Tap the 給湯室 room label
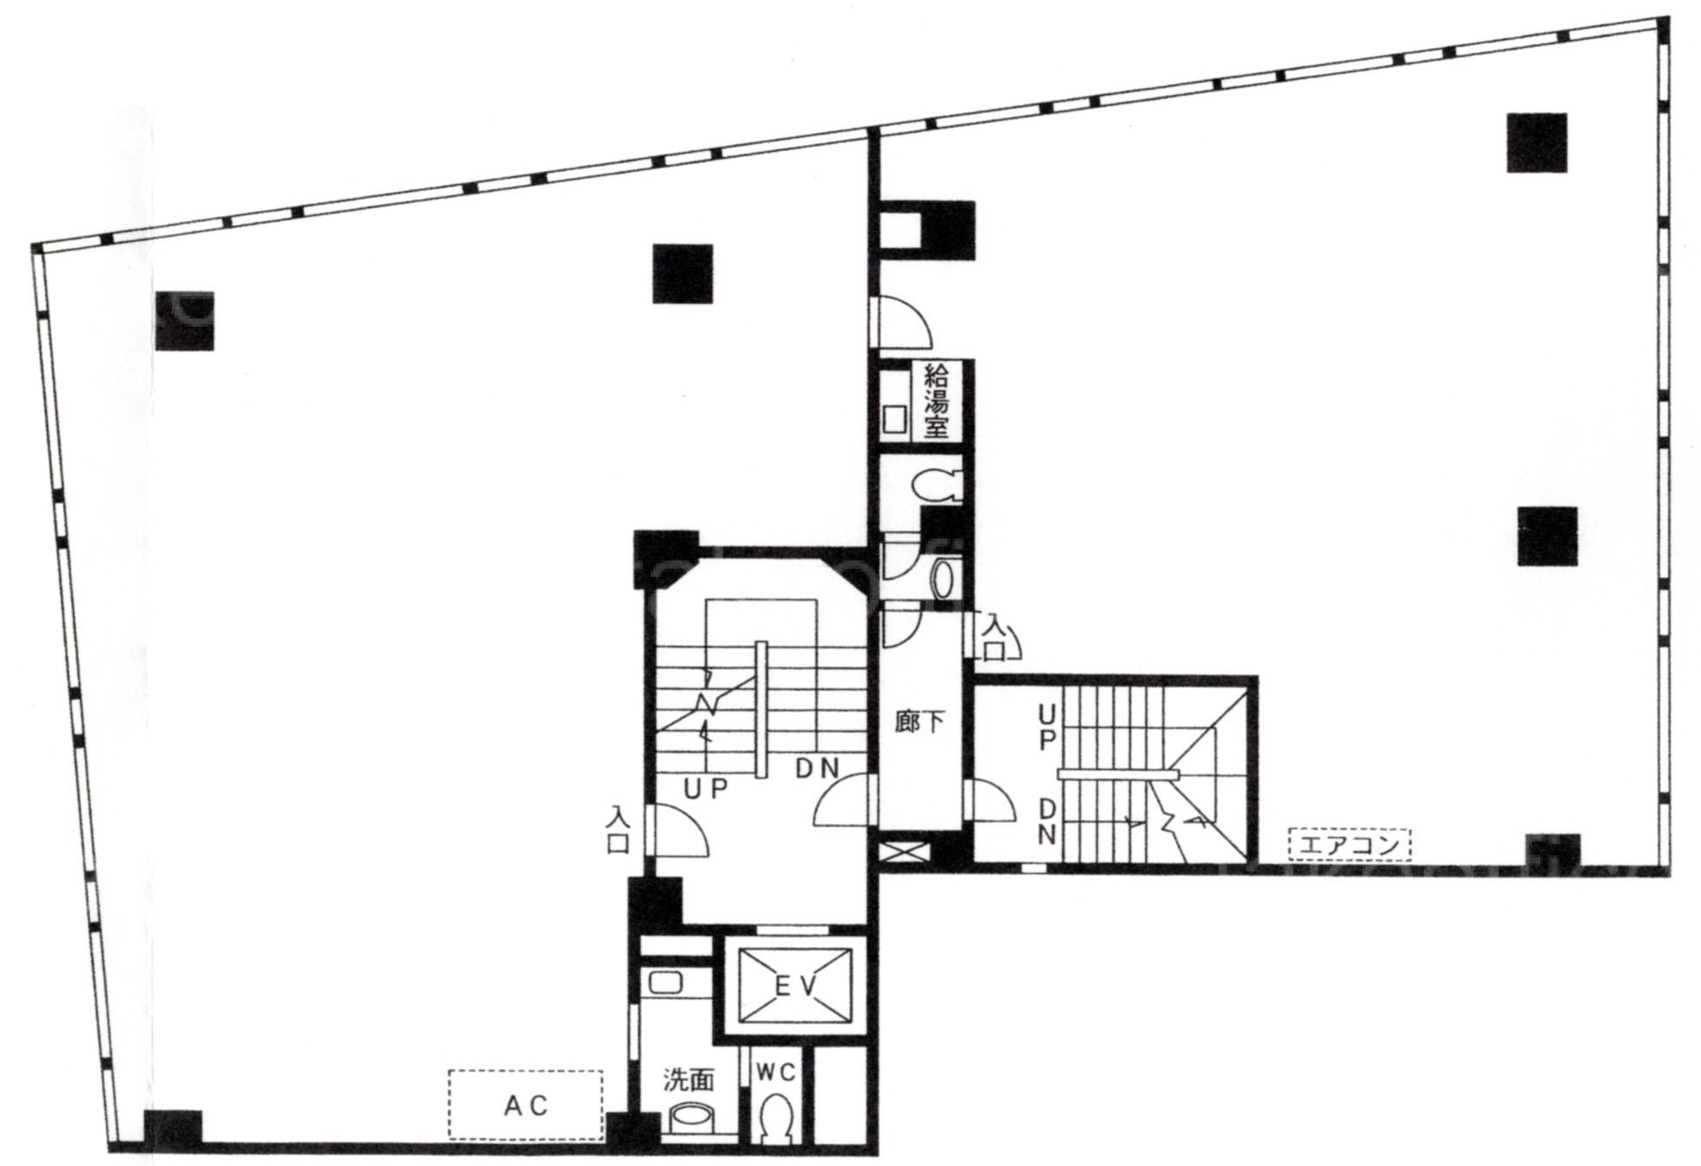(x=935, y=401)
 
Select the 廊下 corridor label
(x=920, y=722)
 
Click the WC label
(x=775, y=1073)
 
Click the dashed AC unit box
(x=526, y=1104)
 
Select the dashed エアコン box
(x=1349, y=844)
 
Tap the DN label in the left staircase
(x=819, y=768)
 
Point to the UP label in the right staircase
(x=1047, y=727)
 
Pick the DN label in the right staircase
(x=1047, y=821)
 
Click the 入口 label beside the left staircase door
(x=618, y=831)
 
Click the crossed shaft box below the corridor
(x=900, y=849)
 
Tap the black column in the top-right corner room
(x=1537, y=142)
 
